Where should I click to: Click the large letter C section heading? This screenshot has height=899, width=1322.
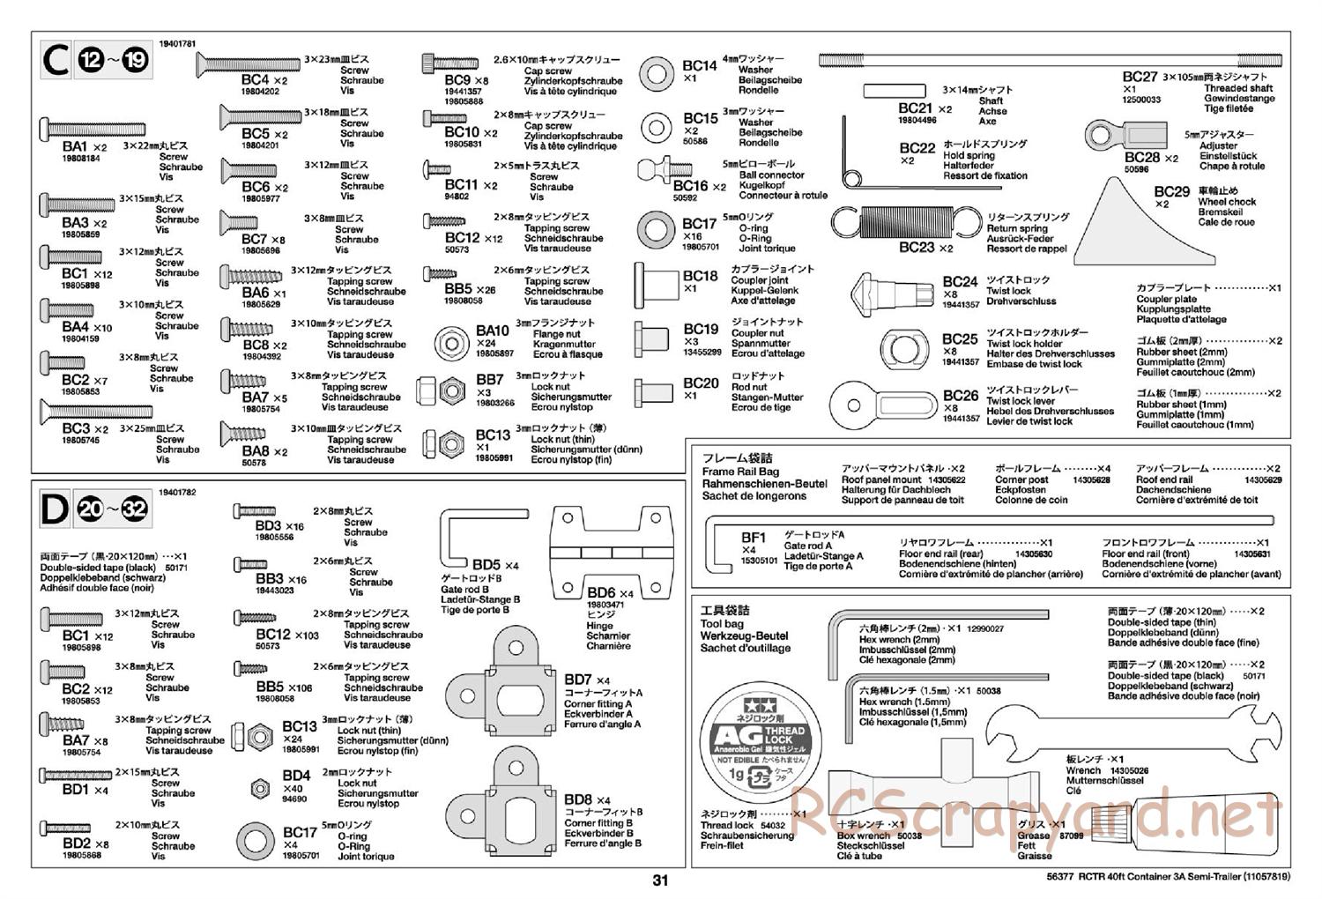(x=56, y=61)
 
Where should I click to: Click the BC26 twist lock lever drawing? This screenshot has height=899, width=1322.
(x=881, y=405)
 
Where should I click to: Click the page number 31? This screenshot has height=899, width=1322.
(x=661, y=880)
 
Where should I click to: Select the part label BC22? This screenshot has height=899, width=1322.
(x=917, y=148)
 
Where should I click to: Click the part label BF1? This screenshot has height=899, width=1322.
(x=754, y=537)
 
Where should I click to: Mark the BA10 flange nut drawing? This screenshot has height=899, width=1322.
(x=454, y=341)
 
